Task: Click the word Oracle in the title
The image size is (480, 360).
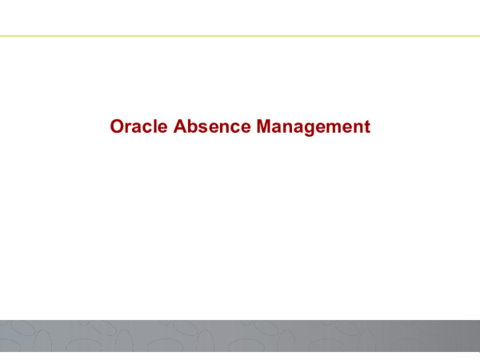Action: coord(139,126)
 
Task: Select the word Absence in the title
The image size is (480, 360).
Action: coord(212,126)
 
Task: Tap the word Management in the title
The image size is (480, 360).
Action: coord(314,127)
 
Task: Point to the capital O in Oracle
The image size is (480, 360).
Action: coord(116,126)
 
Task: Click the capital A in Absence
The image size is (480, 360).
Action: coord(180,126)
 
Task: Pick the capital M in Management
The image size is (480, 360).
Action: coord(263,126)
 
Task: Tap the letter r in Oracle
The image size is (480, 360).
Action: coord(128,128)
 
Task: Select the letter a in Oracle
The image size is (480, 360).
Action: coord(137,128)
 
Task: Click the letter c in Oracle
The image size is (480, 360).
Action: coord(148,128)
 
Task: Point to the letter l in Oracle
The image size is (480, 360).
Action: coord(156,126)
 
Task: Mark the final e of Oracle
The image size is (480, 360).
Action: coord(163,128)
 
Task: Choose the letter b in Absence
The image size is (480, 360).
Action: coord(193,126)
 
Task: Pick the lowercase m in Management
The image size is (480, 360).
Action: coord(337,128)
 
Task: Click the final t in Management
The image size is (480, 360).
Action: coord(368,127)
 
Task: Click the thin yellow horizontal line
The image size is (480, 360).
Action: coord(240,36)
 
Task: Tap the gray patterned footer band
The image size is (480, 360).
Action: coord(240,336)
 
